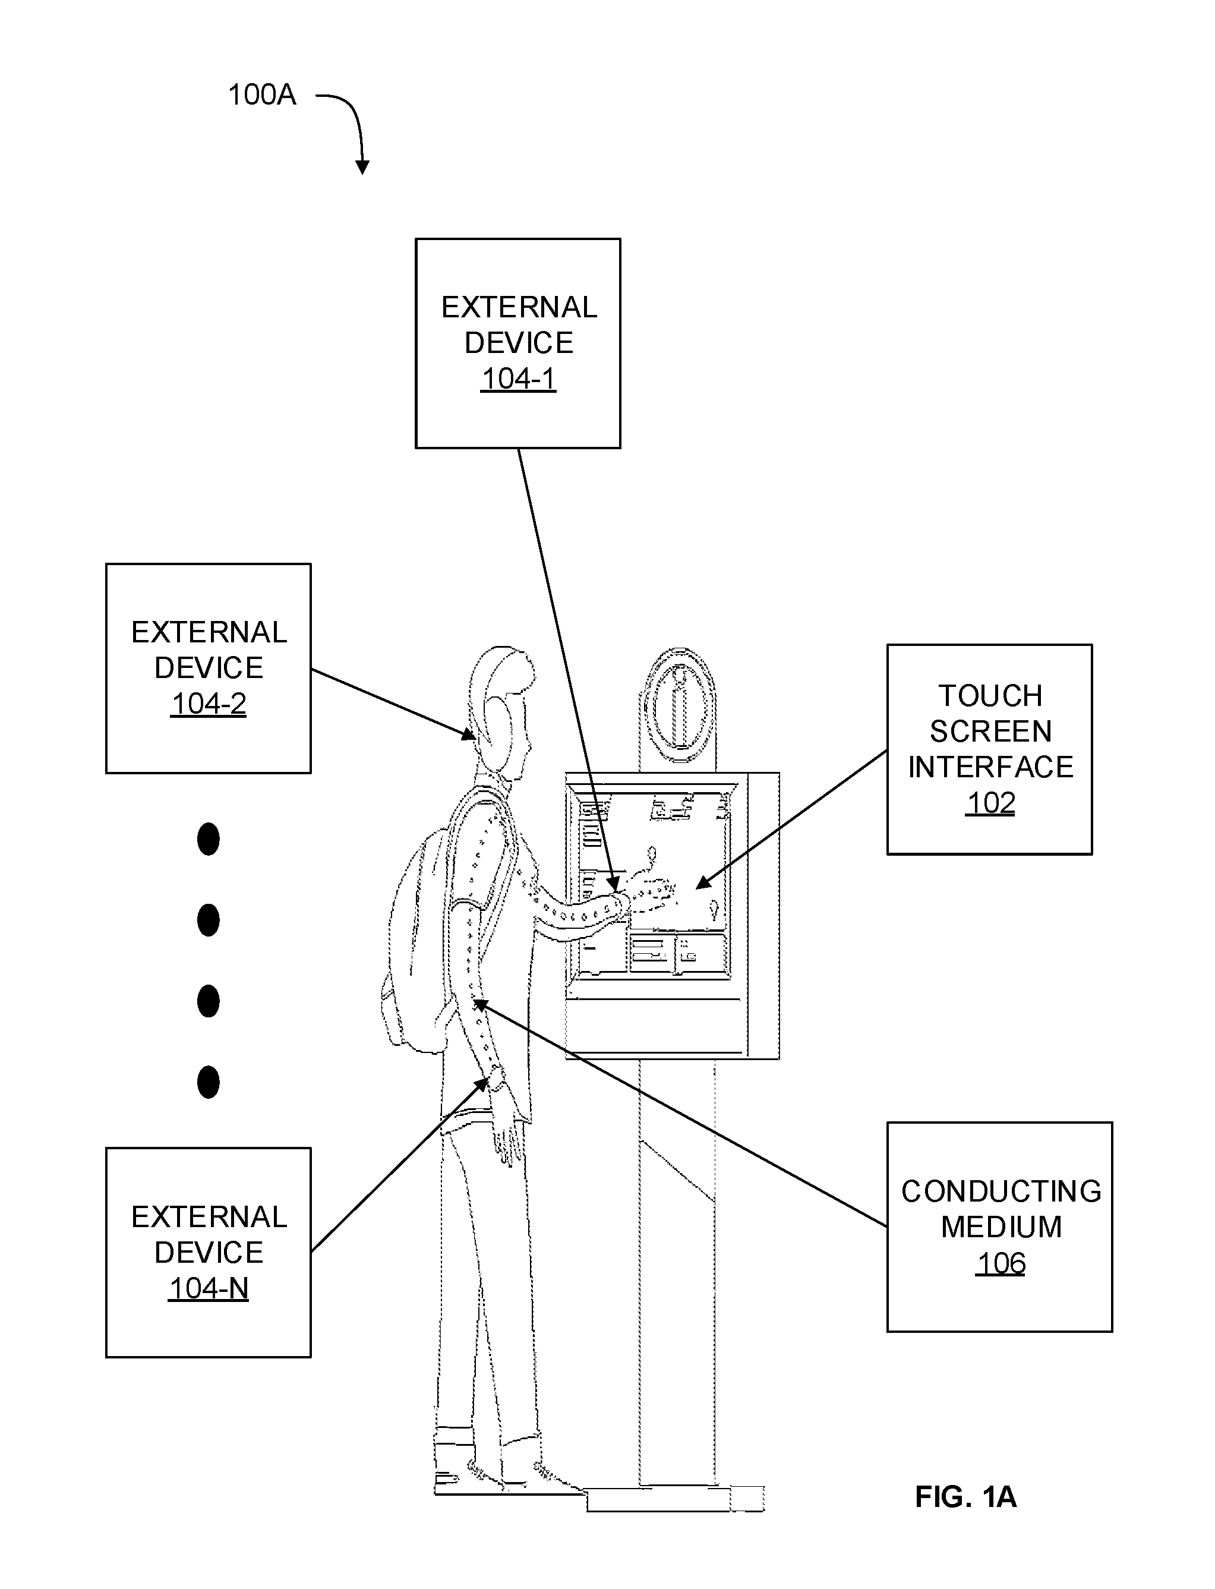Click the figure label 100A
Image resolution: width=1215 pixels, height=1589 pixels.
tap(262, 94)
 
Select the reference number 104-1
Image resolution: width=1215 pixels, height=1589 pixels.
tap(519, 379)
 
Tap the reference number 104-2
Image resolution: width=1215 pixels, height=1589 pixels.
tap(209, 703)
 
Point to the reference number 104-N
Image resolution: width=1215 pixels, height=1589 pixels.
tap(209, 1288)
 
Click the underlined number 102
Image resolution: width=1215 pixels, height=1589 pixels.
tap(990, 803)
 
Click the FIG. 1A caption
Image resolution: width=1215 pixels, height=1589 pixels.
tap(965, 1496)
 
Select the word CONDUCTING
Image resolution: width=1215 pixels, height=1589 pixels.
tap(1001, 1191)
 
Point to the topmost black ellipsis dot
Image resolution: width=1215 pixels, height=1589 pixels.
tap(209, 839)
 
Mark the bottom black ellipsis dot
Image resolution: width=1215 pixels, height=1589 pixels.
tap(209, 1082)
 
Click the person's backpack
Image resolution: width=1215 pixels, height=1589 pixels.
tap(416, 940)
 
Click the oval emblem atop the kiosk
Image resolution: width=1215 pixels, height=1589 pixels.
tap(678, 705)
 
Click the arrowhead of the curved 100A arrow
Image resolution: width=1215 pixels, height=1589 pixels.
tap(363, 168)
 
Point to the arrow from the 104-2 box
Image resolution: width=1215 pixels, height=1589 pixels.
tap(394, 704)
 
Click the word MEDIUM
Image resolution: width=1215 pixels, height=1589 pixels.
tap(1001, 1227)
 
